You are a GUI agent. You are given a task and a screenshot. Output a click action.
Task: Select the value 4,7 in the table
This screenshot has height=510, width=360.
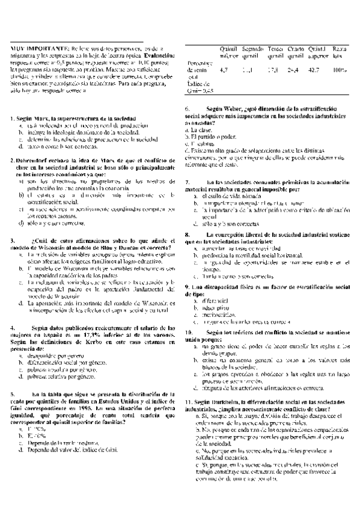click(x=224, y=70)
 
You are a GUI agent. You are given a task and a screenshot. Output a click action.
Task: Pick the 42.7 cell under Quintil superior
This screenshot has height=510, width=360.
click(x=313, y=70)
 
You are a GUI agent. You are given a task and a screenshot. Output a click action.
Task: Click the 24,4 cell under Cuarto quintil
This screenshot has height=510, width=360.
click(x=293, y=70)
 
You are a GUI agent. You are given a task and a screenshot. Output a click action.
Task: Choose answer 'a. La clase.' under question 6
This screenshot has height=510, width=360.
click(x=197, y=129)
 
